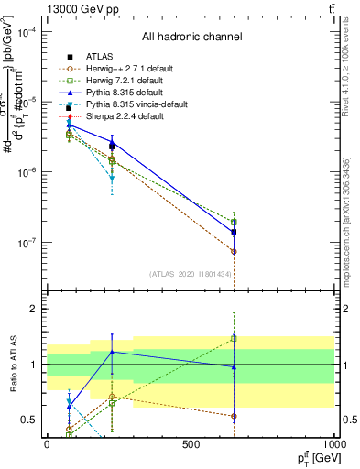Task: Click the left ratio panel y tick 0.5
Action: click(x=33, y=420)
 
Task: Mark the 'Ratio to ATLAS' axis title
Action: click(x=13, y=365)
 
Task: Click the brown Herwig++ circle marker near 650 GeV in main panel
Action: click(x=234, y=251)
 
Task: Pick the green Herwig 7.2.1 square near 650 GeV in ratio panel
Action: click(x=234, y=338)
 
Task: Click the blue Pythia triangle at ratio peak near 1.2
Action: click(x=112, y=352)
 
